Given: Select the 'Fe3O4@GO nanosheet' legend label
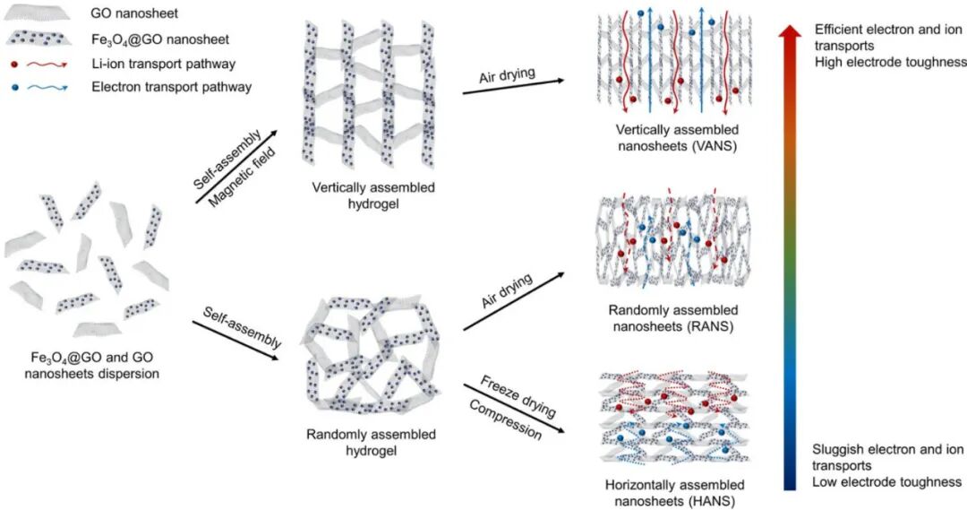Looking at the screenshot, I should click(x=150, y=39).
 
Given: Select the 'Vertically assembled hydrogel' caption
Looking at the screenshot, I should click(x=373, y=196).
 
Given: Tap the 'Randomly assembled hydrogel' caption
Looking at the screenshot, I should click(x=371, y=442).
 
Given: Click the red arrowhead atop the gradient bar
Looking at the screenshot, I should click(x=789, y=33).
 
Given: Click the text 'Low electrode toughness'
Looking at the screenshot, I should click(x=886, y=482).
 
